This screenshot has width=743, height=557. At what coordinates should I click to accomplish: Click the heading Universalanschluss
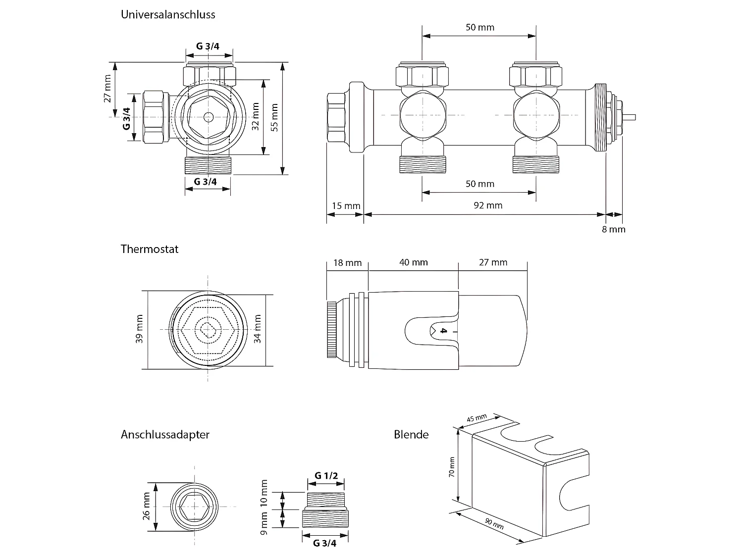168,15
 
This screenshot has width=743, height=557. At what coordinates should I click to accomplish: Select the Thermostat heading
149,249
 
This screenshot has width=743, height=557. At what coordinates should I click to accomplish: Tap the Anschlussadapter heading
165,435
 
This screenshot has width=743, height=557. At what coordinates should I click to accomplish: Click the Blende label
411,435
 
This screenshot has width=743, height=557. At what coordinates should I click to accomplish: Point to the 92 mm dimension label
488,205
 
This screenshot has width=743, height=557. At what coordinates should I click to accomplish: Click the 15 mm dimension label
346,205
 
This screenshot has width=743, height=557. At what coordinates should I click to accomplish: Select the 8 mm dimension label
614,229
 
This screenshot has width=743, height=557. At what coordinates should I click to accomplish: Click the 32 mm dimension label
256,116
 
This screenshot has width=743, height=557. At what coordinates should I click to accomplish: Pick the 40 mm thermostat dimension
413,262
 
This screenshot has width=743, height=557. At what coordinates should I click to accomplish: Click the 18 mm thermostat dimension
347,262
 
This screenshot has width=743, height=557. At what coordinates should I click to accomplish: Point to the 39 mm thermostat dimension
139,329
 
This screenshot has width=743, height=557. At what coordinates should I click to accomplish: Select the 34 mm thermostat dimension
257,329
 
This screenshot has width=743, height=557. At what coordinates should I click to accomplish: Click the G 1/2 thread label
326,476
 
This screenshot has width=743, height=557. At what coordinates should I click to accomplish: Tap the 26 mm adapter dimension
146,506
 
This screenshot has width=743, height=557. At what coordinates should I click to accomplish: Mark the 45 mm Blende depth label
477,418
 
